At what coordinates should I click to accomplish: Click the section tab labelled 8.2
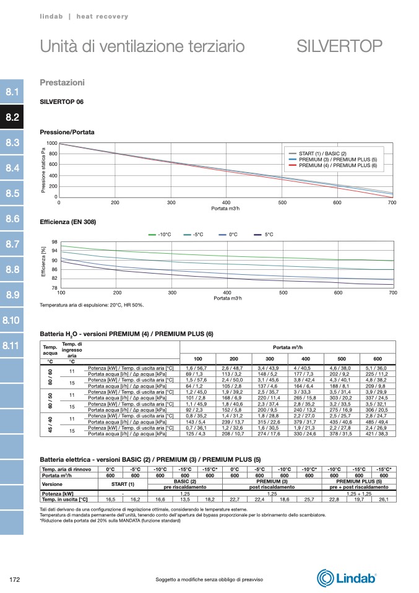[x=12, y=117]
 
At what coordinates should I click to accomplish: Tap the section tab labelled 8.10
[x=12, y=320]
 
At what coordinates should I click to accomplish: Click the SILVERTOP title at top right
[x=339, y=46]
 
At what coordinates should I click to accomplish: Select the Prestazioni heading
[x=62, y=82]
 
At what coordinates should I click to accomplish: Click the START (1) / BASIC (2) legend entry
[x=322, y=153]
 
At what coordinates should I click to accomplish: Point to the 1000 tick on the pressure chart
[x=52, y=143]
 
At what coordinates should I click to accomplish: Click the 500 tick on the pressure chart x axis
[x=282, y=202]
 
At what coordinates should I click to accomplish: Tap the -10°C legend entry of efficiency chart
[x=164, y=235]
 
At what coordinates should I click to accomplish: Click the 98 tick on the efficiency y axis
[x=54, y=242]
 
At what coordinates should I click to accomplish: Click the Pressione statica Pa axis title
[x=43, y=170]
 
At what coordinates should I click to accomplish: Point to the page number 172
[x=15, y=579]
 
